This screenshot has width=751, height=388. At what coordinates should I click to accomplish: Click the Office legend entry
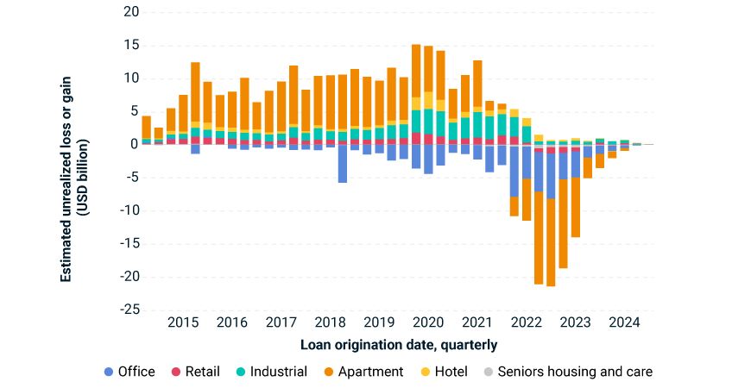pyautogui.click(x=129, y=372)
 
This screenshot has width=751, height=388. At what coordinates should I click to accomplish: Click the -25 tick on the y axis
pyautogui.click(x=129, y=310)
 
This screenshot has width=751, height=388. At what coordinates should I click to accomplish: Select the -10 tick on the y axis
pyautogui.click(x=129, y=211)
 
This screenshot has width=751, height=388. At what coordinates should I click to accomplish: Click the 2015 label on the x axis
pyautogui.click(x=183, y=324)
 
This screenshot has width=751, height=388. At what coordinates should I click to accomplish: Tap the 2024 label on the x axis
pyautogui.click(x=624, y=324)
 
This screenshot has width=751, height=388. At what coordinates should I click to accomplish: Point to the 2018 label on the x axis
pyautogui.click(x=330, y=324)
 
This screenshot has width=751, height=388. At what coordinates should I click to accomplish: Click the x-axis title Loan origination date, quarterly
pyautogui.click(x=399, y=345)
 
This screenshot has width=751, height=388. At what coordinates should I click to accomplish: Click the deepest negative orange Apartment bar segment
pyautogui.click(x=551, y=242)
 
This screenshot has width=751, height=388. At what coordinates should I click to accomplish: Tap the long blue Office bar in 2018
pyautogui.click(x=343, y=164)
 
